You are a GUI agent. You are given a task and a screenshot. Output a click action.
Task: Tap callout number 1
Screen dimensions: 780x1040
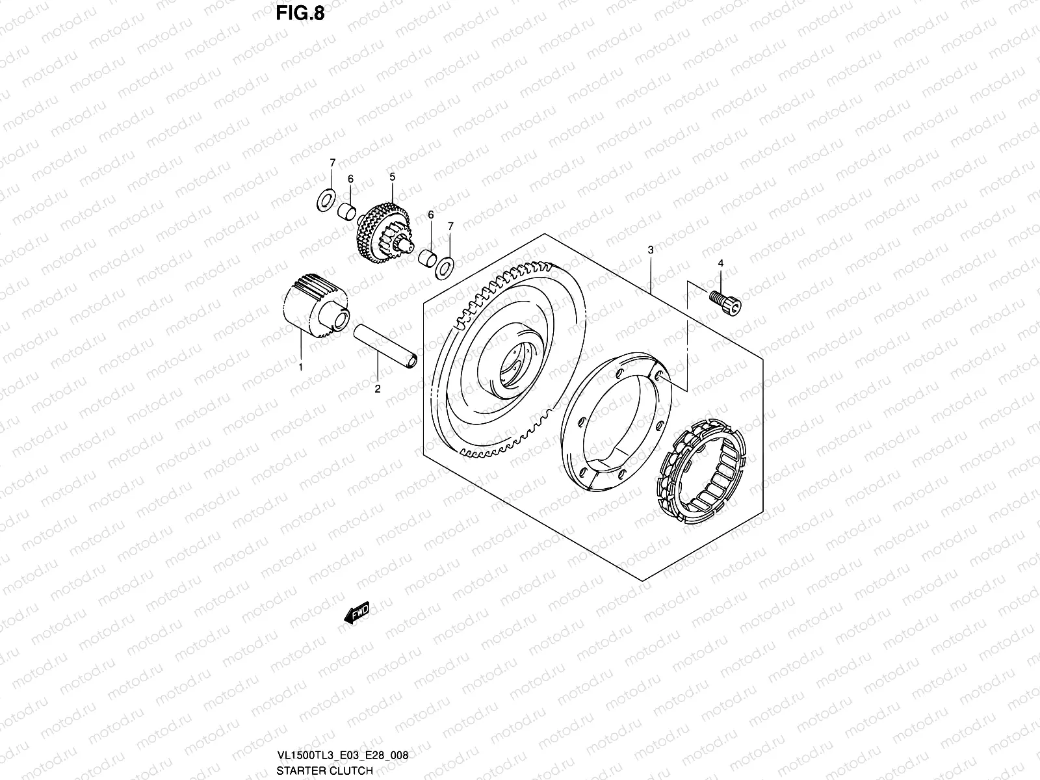(x=300, y=367)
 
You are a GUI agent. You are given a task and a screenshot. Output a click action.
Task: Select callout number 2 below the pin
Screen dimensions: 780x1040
(x=377, y=389)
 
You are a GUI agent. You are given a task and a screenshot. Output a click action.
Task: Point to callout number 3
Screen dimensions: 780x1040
(x=650, y=250)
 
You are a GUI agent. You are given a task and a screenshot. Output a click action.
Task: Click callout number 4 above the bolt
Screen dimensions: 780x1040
(x=720, y=263)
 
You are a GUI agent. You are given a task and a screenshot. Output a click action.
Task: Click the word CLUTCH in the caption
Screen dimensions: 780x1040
(x=352, y=771)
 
